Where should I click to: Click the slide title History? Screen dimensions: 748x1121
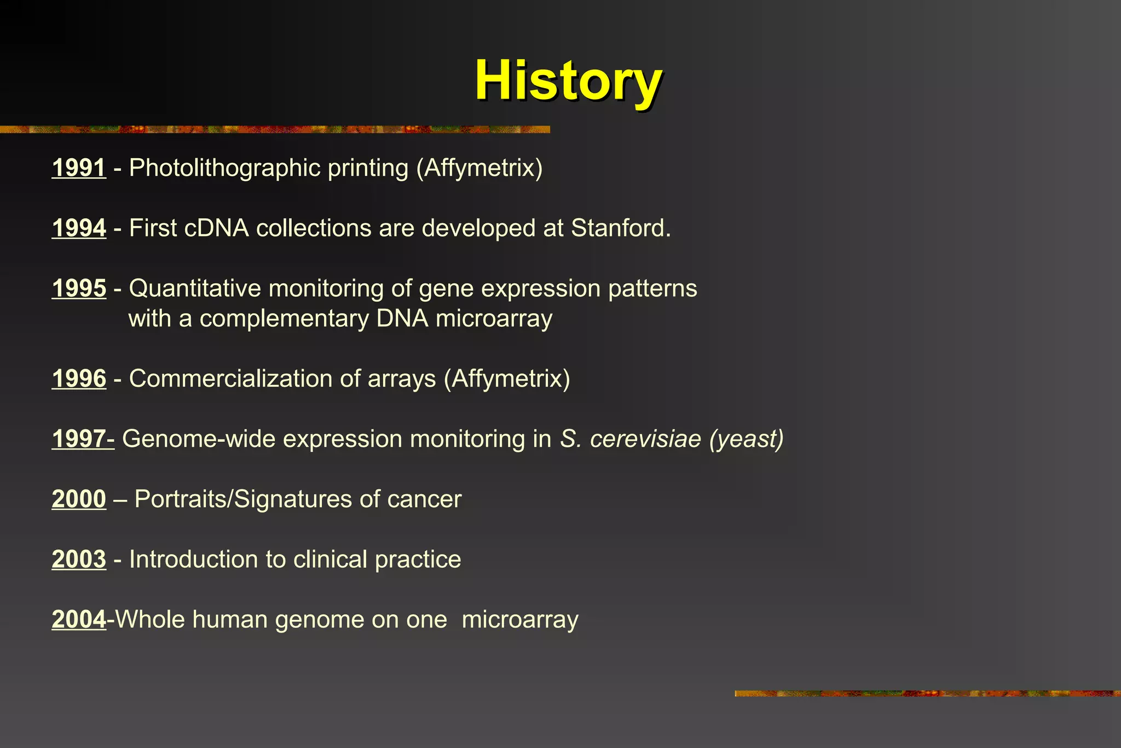pyautogui.click(x=568, y=80)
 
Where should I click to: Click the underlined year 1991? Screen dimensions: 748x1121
pyautogui.click(x=79, y=168)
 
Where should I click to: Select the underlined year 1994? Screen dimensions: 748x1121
pyautogui.click(x=79, y=228)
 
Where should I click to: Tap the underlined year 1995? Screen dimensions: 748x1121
pyautogui.click(x=79, y=288)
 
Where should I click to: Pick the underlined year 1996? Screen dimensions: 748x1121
pyautogui.click(x=79, y=378)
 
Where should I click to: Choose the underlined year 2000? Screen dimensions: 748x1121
pyautogui.click(x=79, y=499)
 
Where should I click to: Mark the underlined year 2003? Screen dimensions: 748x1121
pyautogui.click(x=79, y=559)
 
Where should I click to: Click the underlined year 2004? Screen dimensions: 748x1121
pyautogui.click(x=79, y=619)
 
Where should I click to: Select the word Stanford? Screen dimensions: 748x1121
pyautogui.click(x=620, y=228)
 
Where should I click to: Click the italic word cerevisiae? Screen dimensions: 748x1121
pyautogui.click(x=645, y=439)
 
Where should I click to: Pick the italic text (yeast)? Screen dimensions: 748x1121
pyautogui.click(x=746, y=439)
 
